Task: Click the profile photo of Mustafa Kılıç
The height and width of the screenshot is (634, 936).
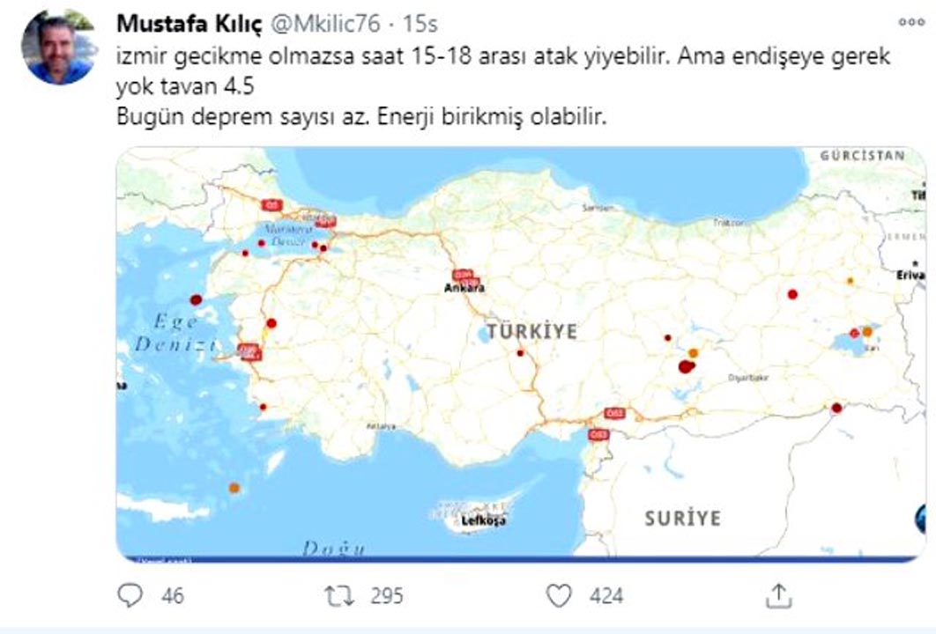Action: click(x=58, y=48)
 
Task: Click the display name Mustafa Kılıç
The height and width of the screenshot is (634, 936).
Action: click(x=189, y=25)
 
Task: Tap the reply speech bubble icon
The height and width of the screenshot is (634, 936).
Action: click(x=130, y=596)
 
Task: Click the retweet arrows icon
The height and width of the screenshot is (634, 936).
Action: click(x=338, y=596)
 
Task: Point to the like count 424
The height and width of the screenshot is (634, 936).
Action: click(x=605, y=596)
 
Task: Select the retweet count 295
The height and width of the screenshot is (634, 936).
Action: click(x=386, y=596)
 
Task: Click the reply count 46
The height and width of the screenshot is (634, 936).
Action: click(x=173, y=596)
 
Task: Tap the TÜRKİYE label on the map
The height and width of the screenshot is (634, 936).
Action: click(x=532, y=331)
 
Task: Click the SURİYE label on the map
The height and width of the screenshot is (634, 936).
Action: click(x=681, y=517)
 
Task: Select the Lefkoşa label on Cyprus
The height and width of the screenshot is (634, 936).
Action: click(x=484, y=521)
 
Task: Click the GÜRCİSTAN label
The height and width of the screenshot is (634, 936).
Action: click(x=862, y=156)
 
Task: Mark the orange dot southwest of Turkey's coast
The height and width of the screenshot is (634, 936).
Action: click(x=234, y=487)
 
